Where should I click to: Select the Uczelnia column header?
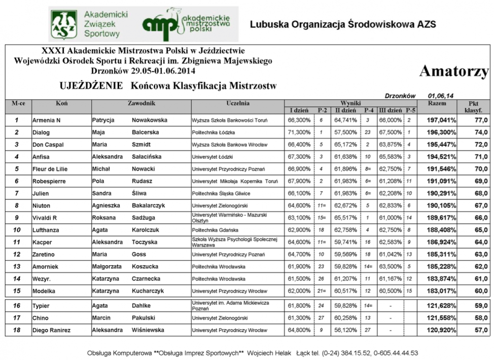[237, 103]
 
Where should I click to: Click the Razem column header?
[437, 103]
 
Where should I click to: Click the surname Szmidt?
[143, 145]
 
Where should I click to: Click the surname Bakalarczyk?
[152, 205]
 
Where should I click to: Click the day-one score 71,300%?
[299, 132]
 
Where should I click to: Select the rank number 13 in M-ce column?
[17, 266]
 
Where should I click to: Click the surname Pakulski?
[145, 318]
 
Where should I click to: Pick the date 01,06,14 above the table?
[441, 95]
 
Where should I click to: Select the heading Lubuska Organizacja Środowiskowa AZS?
[343, 24]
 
